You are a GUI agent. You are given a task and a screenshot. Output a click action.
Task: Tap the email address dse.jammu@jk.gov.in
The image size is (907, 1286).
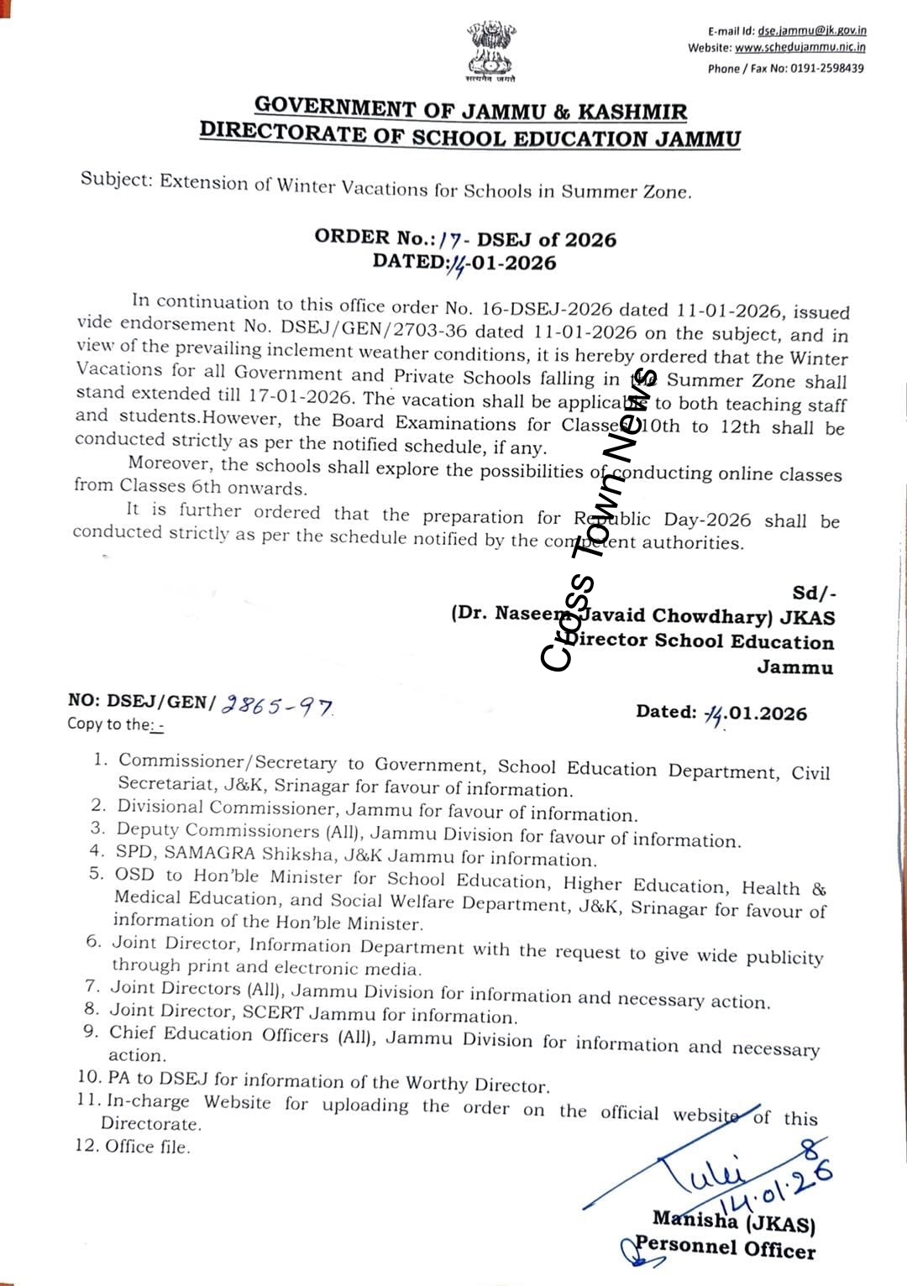click(x=811, y=30)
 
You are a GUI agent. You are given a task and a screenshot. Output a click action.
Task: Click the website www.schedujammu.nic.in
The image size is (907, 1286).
click(x=800, y=48)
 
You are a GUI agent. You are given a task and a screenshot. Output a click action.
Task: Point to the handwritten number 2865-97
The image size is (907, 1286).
click(x=276, y=707)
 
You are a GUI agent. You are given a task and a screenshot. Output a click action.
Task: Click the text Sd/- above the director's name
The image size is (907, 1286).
click(x=814, y=593)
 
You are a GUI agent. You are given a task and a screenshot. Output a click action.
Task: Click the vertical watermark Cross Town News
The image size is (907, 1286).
click(x=597, y=520)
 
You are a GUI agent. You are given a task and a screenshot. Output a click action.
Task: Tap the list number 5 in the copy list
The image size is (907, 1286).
click(x=96, y=874)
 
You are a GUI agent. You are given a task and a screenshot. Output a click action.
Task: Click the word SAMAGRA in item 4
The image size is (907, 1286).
click(x=210, y=853)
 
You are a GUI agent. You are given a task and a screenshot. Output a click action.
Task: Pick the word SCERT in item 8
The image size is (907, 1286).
click(x=286, y=1013)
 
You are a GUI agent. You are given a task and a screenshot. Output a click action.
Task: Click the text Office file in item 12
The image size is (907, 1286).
click(x=148, y=1147)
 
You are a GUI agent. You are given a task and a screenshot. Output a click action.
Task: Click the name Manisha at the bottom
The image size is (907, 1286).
click(x=695, y=1220)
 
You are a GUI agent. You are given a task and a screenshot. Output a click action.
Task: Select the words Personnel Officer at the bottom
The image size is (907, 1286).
click(x=725, y=1248)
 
